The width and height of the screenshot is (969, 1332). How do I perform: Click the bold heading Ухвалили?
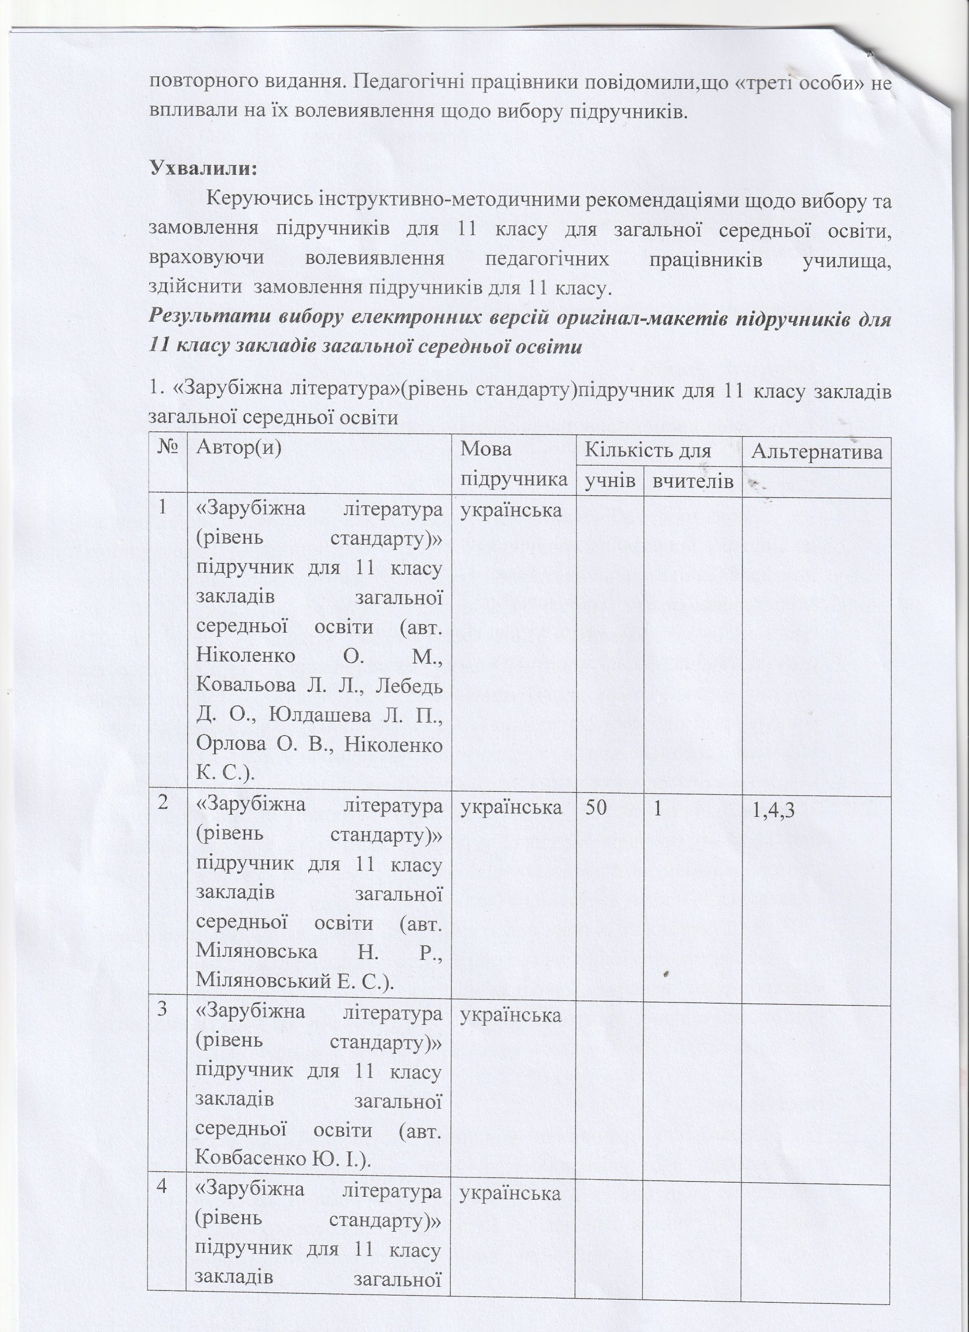coord(204,169)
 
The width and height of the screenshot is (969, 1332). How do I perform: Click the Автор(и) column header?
coord(239,447)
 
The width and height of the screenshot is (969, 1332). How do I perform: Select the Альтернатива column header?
coord(816,452)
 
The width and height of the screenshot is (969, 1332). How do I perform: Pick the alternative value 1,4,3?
coord(773,810)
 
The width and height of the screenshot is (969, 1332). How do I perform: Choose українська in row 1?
coord(510,510)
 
